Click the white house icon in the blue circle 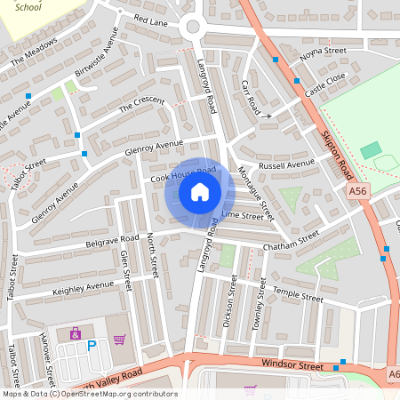[x=200, y=191]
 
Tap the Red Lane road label [x=150, y=18]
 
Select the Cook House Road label [x=183, y=174]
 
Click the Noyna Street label [x=322, y=52]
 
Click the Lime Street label [x=242, y=215]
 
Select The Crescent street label [x=142, y=105]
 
